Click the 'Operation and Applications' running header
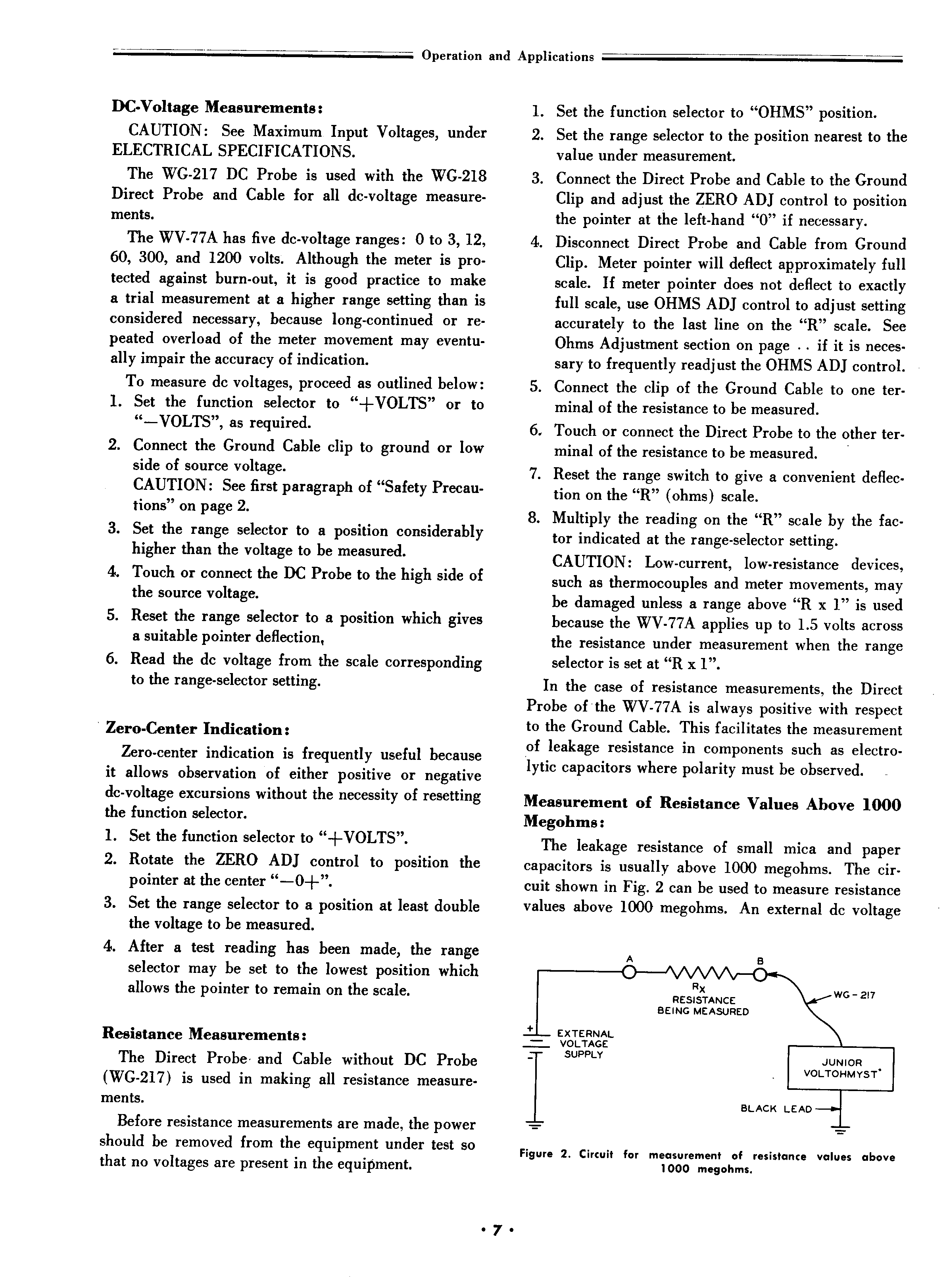click(x=507, y=56)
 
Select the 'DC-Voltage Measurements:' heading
click(x=217, y=107)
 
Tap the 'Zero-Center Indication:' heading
click(x=198, y=729)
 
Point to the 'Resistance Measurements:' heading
click(x=204, y=1034)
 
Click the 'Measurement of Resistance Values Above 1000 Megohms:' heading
click(x=712, y=811)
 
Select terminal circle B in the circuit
click(x=759, y=974)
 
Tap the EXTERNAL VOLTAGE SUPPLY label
click(x=584, y=1043)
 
